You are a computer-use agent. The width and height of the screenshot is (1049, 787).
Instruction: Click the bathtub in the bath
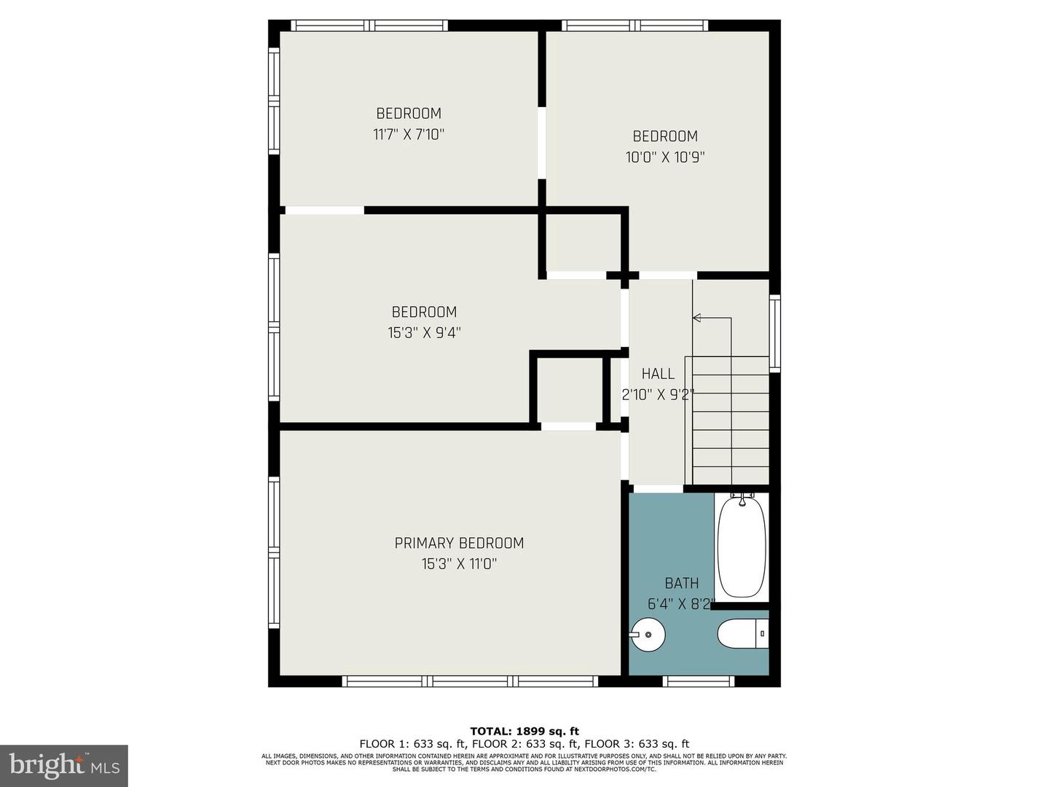click(x=742, y=547)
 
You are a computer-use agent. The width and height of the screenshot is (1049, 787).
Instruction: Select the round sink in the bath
click(x=648, y=635)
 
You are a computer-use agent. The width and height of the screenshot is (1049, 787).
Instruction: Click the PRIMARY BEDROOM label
click(x=459, y=543)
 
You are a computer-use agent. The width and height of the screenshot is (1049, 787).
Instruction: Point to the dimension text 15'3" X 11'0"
click(x=459, y=564)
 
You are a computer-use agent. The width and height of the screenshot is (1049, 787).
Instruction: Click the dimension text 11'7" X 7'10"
click(x=409, y=134)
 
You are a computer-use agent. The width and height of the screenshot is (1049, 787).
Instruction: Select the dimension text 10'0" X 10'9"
click(x=665, y=157)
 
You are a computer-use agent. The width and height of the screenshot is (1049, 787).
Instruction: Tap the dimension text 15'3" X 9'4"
click(x=424, y=333)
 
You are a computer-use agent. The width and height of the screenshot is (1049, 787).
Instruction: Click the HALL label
click(x=658, y=374)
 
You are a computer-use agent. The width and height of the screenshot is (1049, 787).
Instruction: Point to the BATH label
click(x=682, y=583)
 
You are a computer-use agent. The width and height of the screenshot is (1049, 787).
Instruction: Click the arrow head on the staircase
click(x=696, y=318)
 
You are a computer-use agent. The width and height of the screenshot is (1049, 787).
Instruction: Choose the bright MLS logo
click(x=64, y=765)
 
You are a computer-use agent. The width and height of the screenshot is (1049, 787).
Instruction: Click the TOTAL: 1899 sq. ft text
click(x=524, y=731)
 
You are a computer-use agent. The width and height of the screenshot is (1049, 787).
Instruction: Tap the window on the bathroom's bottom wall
click(x=699, y=681)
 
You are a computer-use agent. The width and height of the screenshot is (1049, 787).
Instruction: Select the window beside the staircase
click(x=775, y=333)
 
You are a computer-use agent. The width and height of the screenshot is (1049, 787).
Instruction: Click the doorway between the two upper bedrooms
click(x=541, y=143)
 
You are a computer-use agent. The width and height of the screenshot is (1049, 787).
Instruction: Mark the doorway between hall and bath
click(x=659, y=488)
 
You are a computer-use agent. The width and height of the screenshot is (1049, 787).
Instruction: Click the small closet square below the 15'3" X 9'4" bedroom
click(x=569, y=390)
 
